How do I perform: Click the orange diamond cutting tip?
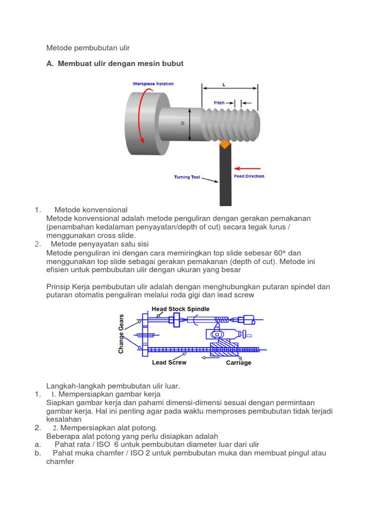click(x=224, y=144)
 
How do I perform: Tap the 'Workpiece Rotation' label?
click(x=153, y=84)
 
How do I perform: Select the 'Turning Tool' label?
click(x=187, y=177)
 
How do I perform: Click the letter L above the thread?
click(x=224, y=85)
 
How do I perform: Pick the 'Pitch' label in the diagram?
click(x=219, y=102)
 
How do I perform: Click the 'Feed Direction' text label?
click(x=249, y=176)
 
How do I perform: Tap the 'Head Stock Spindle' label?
click(x=181, y=309)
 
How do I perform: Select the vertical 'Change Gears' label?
click(x=121, y=334)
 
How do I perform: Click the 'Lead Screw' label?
click(x=169, y=363)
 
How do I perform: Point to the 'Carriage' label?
click(x=238, y=363)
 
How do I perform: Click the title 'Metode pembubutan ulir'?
click(x=88, y=48)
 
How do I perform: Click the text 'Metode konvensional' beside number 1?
click(x=91, y=210)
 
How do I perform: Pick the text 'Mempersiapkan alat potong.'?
click(x=108, y=428)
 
